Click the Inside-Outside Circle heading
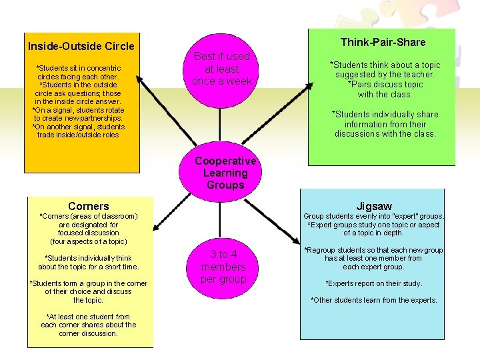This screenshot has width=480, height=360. tap(81, 46)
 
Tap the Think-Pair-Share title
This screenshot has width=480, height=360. tap(383, 42)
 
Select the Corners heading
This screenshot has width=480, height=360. tap(88, 206)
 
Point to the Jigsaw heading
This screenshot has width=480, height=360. tap(374, 206)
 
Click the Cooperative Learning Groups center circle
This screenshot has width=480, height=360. tap(225, 173)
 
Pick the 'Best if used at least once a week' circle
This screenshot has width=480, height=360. tap(221, 69)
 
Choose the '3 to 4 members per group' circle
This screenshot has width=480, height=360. tap(223, 267)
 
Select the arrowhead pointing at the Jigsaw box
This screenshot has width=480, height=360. tap(298, 239)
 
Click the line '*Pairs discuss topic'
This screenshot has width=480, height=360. tap(385, 85)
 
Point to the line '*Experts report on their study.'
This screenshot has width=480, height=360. tap(373, 283)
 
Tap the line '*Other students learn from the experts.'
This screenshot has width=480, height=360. tap(374, 300)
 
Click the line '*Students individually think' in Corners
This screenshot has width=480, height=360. tap(88, 258)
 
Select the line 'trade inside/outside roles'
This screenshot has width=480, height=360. tap(78, 135)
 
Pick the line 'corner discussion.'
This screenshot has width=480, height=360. tap(88, 333)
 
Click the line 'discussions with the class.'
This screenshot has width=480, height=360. tap(385, 134)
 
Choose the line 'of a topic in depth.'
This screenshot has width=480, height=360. tap(373, 233)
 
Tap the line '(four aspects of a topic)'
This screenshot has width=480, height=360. tap(88, 241)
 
